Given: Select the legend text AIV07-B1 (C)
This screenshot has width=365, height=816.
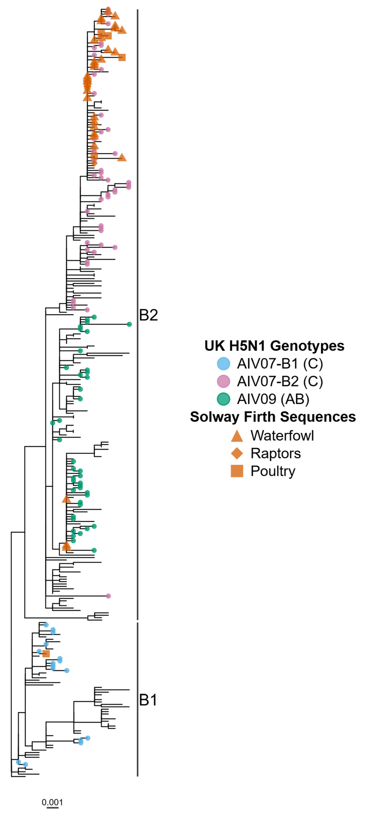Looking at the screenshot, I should click(280, 364).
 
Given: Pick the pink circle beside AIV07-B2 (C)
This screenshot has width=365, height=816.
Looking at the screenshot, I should click(223, 381).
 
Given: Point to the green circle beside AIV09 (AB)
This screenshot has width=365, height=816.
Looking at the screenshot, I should click(223, 399).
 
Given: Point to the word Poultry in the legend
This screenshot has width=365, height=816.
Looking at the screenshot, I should click(273, 471).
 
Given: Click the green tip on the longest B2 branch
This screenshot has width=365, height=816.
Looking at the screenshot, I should click(129, 324).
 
